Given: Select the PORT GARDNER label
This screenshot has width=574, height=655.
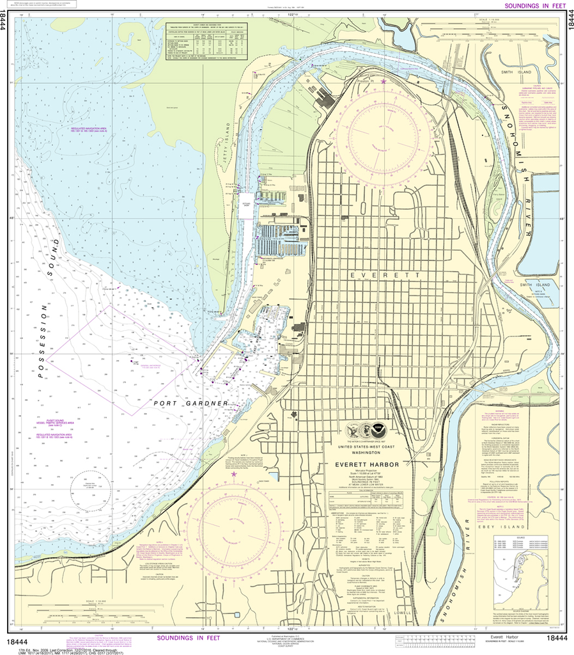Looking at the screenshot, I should [190, 404].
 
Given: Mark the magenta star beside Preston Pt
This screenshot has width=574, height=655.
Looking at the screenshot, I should [384, 81].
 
